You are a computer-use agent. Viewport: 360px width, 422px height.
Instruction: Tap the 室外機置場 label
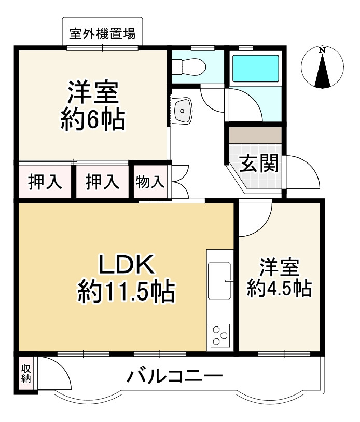point(103,35)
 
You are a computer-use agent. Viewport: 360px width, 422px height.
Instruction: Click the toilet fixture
point(188,66)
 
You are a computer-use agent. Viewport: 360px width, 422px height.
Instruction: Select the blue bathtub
point(256,67)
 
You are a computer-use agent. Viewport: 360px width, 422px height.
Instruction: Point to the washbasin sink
point(183,110)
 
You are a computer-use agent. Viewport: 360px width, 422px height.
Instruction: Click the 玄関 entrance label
point(258,163)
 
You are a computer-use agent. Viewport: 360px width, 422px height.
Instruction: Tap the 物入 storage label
point(150,182)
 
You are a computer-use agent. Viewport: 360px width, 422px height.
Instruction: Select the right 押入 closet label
point(102,182)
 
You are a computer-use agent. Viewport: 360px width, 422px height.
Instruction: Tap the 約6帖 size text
point(92,120)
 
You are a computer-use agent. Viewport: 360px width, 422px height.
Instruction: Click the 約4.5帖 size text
point(279,287)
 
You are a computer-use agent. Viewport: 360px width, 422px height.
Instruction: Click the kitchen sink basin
point(219,281)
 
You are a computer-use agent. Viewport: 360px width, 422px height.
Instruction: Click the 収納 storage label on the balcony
point(25,373)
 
